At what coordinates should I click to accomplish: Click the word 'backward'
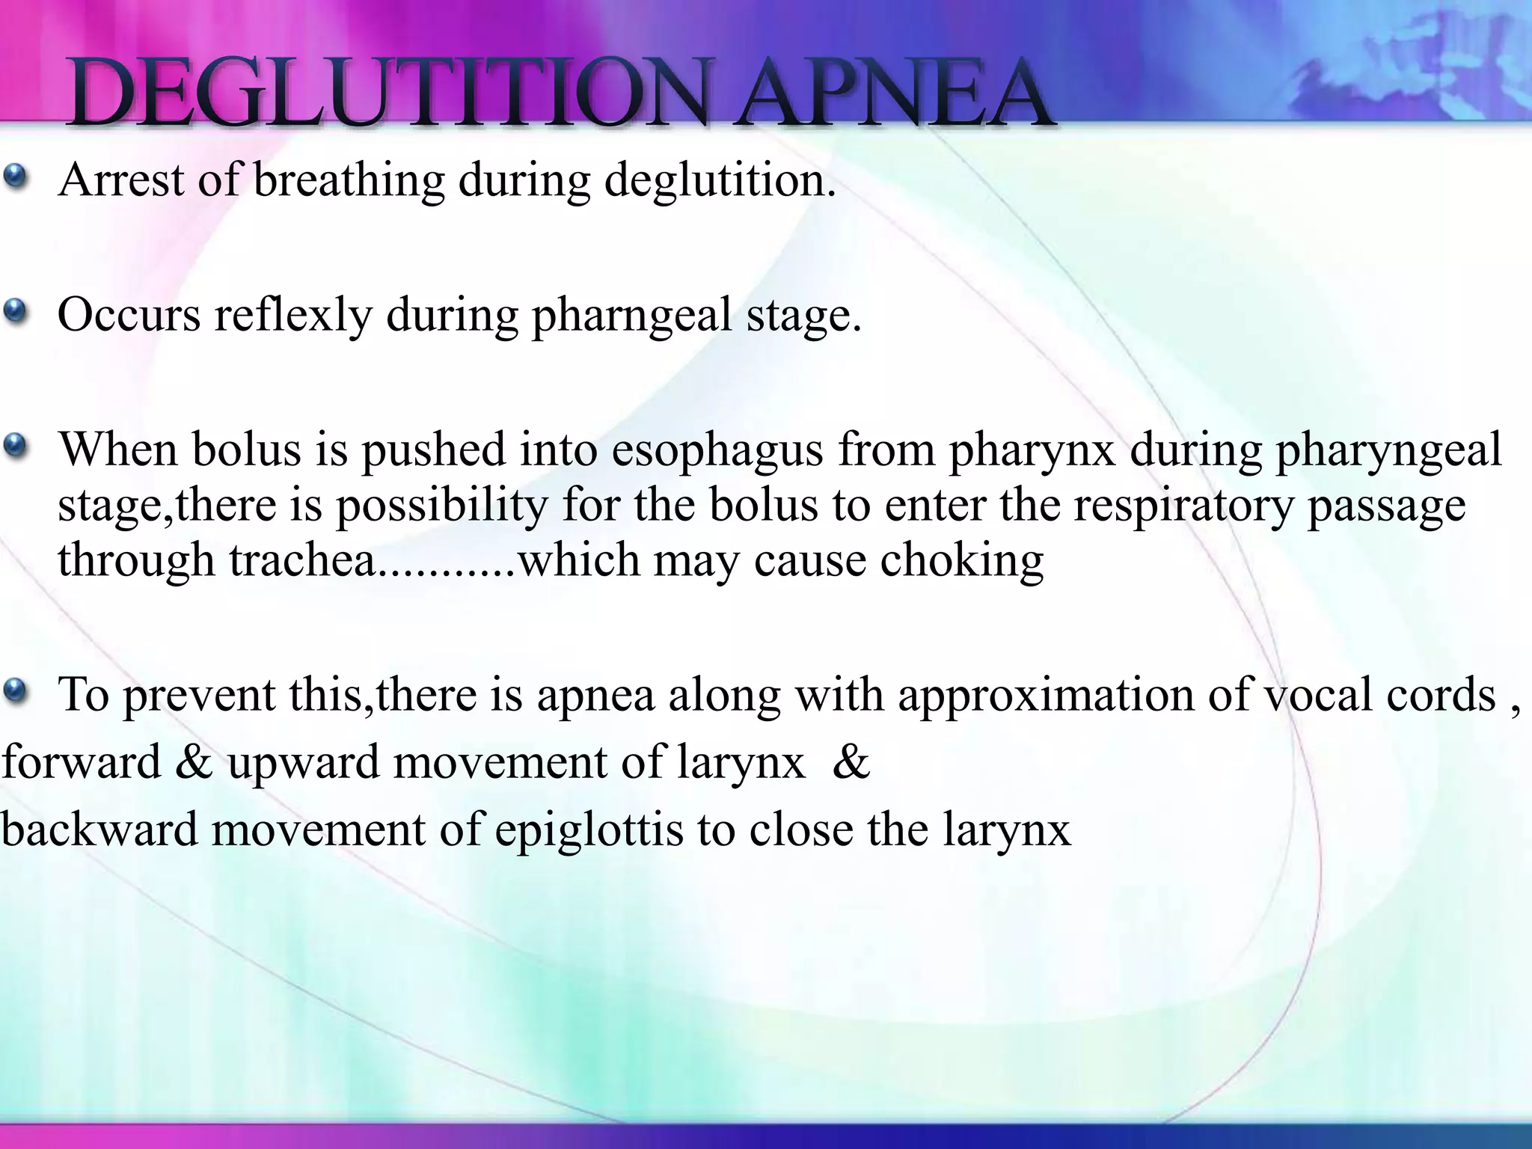pyautogui.click(x=99, y=830)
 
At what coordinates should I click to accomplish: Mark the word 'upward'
pyautogui.click(x=304, y=764)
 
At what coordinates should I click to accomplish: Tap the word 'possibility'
pyautogui.click(x=442, y=506)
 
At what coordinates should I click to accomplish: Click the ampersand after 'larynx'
pyautogui.click(x=851, y=763)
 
